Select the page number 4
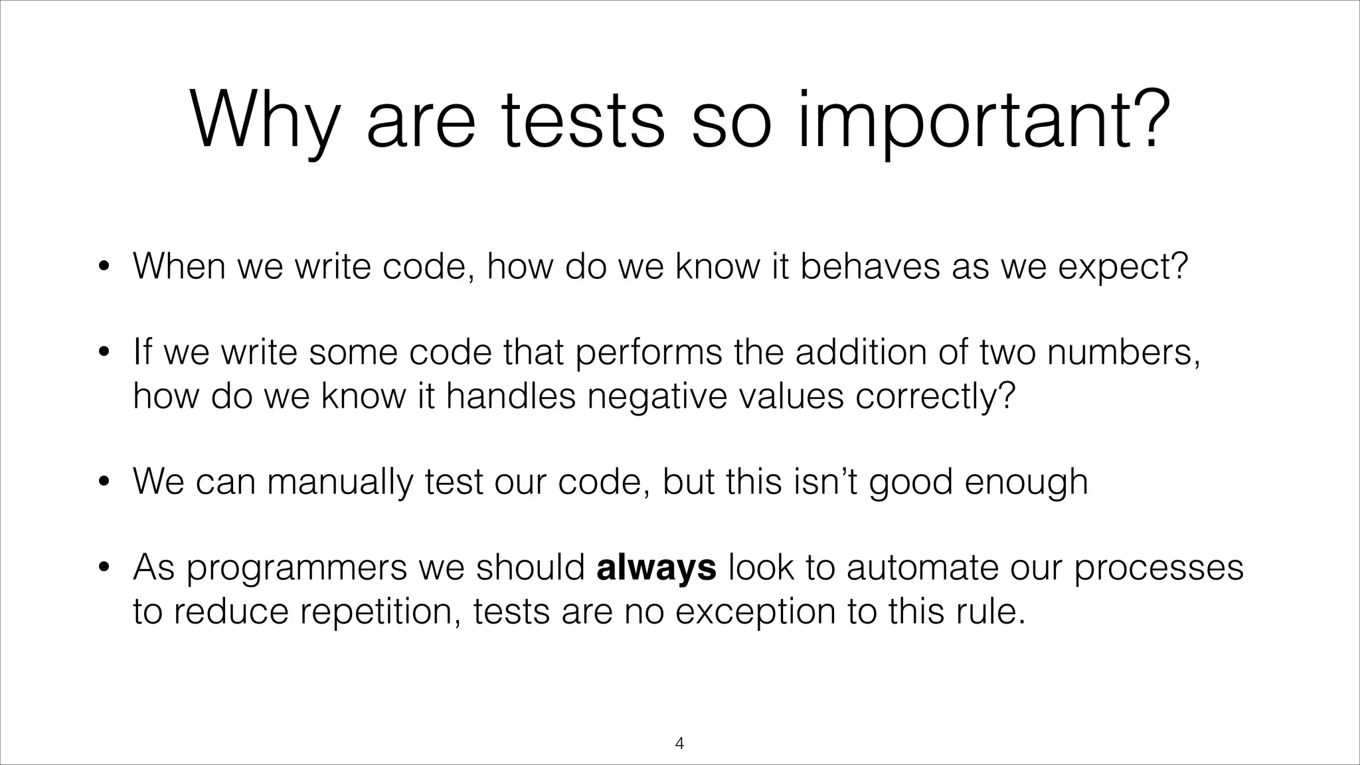click(x=679, y=743)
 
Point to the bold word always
click(x=656, y=568)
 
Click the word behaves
click(x=870, y=266)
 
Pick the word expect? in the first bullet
click(x=1122, y=266)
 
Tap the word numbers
click(x=1124, y=352)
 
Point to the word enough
click(x=1026, y=481)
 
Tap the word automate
click(x=922, y=568)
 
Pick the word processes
click(x=1158, y=568)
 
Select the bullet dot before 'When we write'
click(x=103, y=268)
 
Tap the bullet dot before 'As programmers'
click(x=103, y=568)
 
